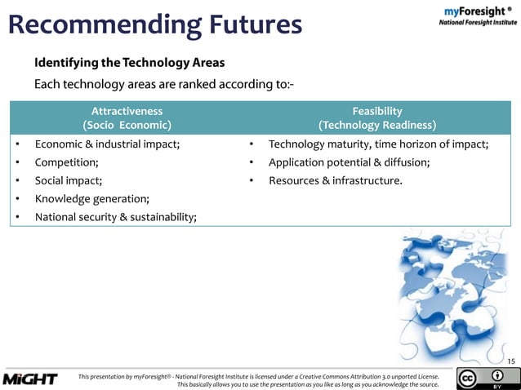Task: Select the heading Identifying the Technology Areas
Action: [129, 63]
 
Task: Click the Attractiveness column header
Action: [127, 111]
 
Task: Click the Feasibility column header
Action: [376, 111]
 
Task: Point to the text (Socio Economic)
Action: [127, 126]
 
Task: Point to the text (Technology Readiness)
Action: [376, 126]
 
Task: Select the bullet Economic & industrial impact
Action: [107, 144]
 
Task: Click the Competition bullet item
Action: [67, 162]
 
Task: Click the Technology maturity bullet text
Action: [378, 144]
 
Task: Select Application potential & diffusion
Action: [349, 162]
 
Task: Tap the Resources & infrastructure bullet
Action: [335, 180]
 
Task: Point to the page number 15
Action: [511, 361]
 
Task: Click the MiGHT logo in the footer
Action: [30, 379]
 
